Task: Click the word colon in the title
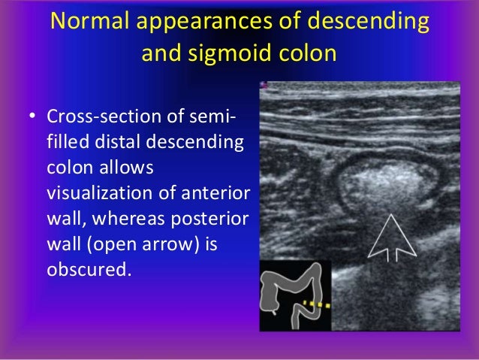coord(308,54)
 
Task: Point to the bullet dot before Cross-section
coord(32,119)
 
